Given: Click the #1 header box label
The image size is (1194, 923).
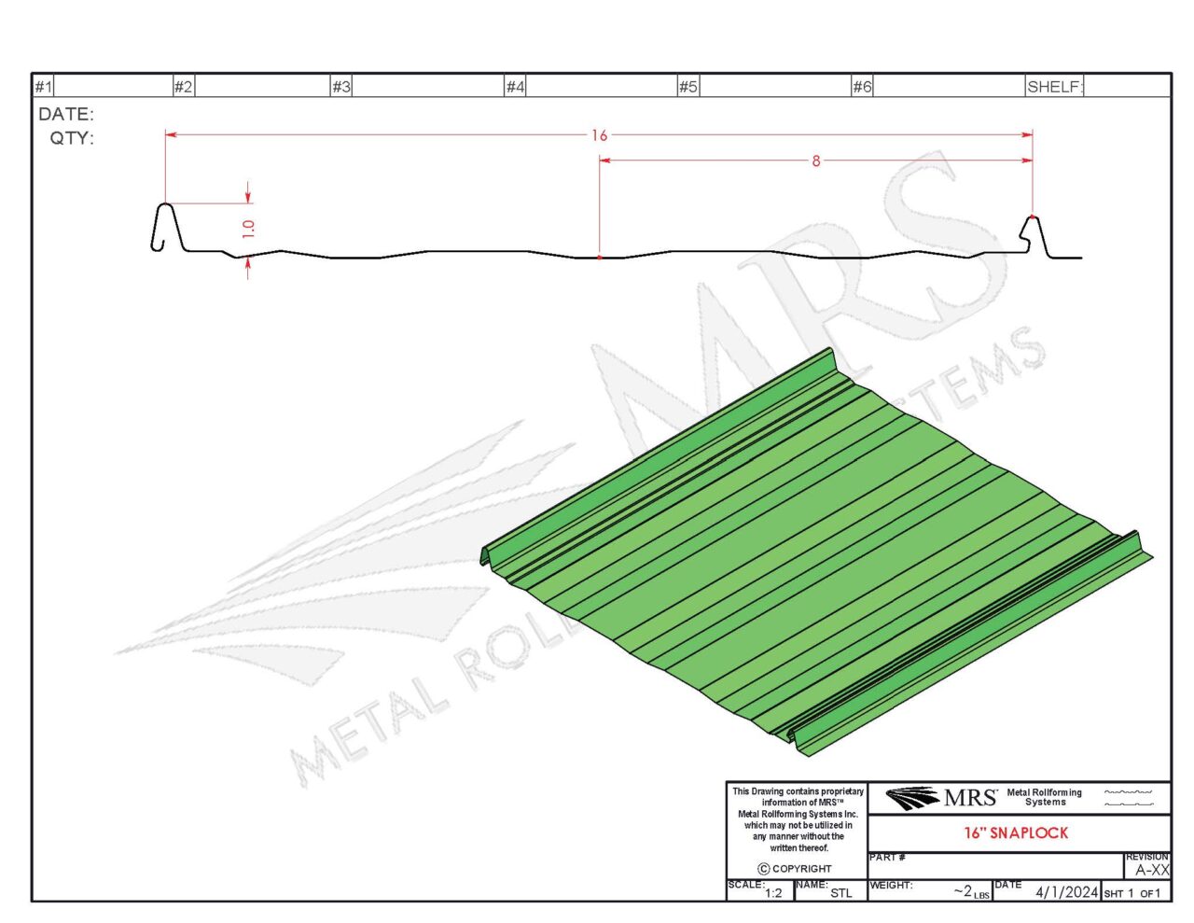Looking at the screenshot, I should click(44, 87).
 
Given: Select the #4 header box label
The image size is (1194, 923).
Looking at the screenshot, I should click(515, 87).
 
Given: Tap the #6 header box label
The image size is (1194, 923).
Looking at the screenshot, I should click(862, 87).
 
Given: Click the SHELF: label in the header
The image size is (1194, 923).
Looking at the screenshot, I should click(1055, 87).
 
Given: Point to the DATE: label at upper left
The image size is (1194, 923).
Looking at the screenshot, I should click(66, 115).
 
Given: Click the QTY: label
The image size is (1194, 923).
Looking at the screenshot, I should click(72, 138).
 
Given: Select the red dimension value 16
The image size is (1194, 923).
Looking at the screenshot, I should click(599, 135).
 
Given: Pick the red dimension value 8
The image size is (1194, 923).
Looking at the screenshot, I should click(816, 161).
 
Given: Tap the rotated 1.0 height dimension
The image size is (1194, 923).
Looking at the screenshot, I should click(248, 229).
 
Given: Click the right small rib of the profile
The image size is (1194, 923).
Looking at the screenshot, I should click(1033, 233).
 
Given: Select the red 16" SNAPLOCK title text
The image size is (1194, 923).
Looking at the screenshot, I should click(1016, 832).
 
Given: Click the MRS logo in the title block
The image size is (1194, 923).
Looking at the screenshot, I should click(940, 798).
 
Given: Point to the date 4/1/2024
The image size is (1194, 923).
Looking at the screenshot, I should click(1066, 892).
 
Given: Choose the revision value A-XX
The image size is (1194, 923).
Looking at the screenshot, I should click(1152, 870).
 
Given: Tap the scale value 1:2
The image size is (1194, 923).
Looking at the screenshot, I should click(773, 893).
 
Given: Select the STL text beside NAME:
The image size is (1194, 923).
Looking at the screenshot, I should click(840, 893).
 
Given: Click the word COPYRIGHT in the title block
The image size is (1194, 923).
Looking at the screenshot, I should click(801, 869).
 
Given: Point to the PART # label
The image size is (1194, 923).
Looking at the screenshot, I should click(887, 857).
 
